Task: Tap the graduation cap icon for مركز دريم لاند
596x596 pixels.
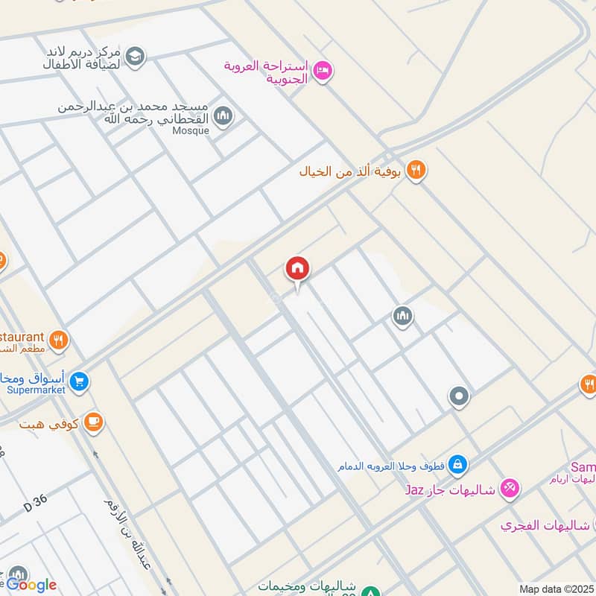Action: (x=135, y=55)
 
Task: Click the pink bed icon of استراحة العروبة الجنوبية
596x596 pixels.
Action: (x=323, y=71)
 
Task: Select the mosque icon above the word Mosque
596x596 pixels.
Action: (x=223, y=116)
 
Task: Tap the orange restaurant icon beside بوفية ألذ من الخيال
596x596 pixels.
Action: (x=416, y=171)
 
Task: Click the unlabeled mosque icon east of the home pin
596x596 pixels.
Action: (x=403, y=317)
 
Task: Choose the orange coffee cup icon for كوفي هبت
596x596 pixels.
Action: (x=93, y=423)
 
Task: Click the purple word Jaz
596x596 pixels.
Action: (x=415, y=490)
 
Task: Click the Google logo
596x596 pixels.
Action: (x=31, y=585)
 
